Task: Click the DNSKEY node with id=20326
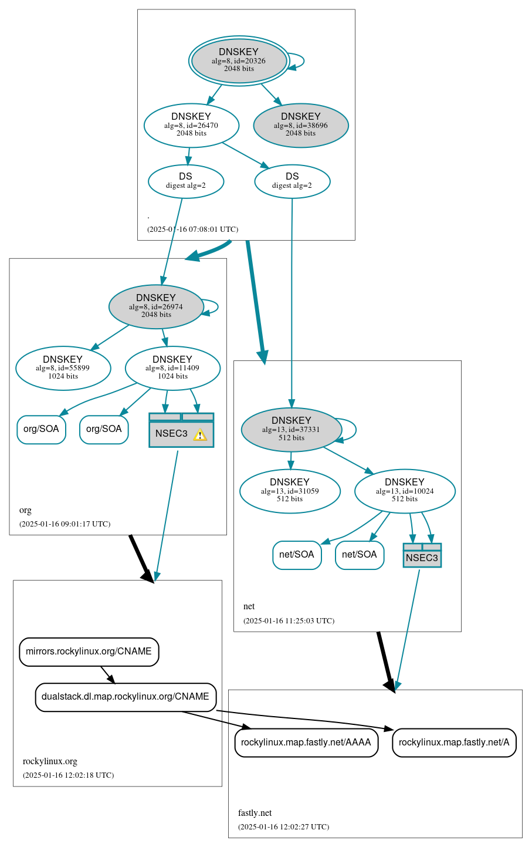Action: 239,60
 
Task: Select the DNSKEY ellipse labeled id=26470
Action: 191,124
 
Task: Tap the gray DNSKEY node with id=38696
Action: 301,125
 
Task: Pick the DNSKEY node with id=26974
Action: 156,306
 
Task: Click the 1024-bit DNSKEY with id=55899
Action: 63,368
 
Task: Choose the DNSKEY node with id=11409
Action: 172,368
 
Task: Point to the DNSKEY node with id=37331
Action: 292,430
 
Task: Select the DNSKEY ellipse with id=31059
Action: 290,491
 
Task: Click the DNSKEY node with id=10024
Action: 405,491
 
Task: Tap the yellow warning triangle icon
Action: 200,434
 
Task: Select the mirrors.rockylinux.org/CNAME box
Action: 89,652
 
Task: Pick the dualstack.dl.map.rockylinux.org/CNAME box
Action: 126,697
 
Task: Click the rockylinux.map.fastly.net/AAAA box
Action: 306,743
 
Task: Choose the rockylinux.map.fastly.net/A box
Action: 454,743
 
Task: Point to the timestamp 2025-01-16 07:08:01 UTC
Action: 192,229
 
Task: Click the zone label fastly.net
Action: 255,813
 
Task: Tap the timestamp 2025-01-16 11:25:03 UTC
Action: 289,620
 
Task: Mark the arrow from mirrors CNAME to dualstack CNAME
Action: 107,674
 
